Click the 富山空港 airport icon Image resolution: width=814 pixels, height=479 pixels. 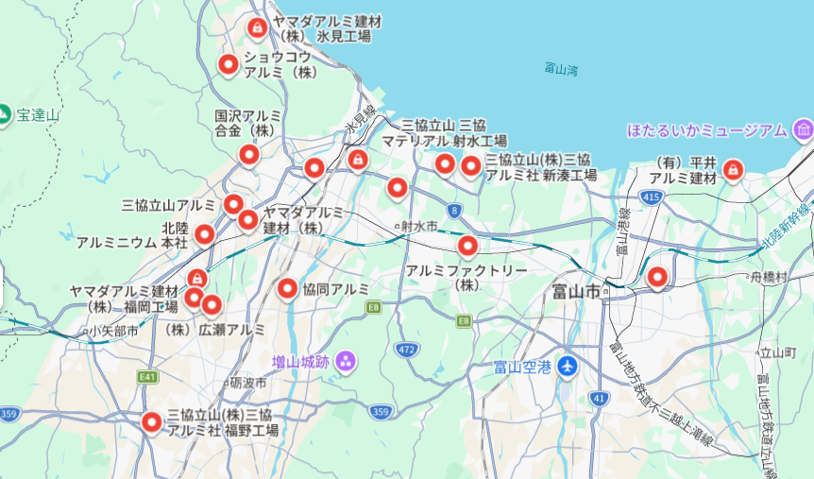pyautogui.click(x=567, y=367)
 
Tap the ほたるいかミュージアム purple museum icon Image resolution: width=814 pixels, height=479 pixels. pyautogui.click(x=804, y=129)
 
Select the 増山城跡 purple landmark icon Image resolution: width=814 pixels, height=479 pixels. pyautogui.click(x=345, y=360)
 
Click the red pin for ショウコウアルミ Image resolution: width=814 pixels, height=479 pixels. pyautogui.click(x=228, y=64)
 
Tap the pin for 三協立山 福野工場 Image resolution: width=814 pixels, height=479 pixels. pyautogui.click(x=151, y=422)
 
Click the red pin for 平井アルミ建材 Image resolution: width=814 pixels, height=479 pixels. pyautogui.click(x=732, y=170)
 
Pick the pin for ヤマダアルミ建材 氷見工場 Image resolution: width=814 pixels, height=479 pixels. pyautogui.click(x=256, y=28)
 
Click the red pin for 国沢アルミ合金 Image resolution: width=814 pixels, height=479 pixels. pyautogui.click(x=248, y=154)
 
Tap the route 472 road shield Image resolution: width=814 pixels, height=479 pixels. pyautogui.click(x=407, y=350)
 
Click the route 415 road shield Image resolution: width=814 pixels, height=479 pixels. pyautogui.click(x=650, y=197)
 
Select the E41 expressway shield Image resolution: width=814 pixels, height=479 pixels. pyautogui.click(x=147, y=377)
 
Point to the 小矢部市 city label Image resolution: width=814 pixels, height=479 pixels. pyautogui.click(x=112, y=332)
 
